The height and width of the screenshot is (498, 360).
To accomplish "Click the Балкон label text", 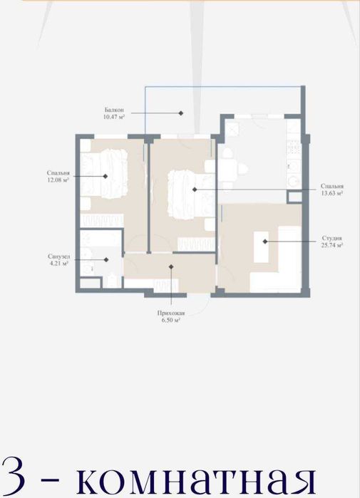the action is point(114,110).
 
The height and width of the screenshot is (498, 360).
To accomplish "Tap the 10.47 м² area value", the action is point(114,117).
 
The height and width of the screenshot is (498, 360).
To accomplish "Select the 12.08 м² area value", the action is point(58,180).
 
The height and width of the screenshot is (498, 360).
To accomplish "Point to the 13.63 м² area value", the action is point(331,193).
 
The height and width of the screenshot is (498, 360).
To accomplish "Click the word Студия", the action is point(331,238).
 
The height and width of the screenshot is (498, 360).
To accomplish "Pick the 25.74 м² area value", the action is point(331,245).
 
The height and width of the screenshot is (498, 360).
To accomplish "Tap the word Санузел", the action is point(58,256).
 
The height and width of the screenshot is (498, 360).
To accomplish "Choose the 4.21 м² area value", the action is point(59,264).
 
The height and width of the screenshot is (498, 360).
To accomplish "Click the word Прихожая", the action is point(171,313).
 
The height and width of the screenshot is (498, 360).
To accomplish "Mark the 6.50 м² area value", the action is point(171,320).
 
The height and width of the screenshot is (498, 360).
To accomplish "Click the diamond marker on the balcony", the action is point(181,113).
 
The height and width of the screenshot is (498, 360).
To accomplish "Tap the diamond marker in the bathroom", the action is point(106,260).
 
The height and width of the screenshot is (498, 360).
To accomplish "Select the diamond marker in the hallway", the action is point(171,266).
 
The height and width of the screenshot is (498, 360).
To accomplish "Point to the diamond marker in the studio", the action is point(265,242).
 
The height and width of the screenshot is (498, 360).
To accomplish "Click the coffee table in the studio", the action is point(261,247).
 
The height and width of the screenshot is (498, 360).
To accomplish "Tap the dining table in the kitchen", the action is point(230,170).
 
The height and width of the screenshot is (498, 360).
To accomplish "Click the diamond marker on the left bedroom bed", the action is point(106,176).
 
